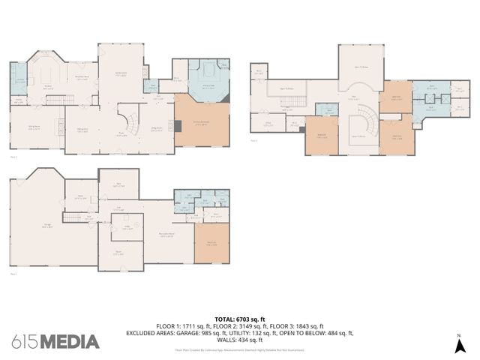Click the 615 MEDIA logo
tap(55, 341)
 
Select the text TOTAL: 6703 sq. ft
tap(240, 319)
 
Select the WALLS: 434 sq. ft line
tap(240, 339)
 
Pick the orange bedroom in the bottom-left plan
tap(212, 244)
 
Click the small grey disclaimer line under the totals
tap(240, 349)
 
